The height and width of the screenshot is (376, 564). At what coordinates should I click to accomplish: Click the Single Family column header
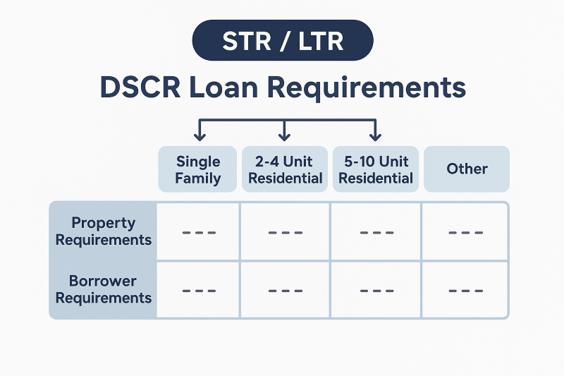(198, 169)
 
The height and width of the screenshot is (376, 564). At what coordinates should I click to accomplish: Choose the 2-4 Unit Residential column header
(285, 169)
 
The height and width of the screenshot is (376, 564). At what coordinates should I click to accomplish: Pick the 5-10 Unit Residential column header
(375, 169)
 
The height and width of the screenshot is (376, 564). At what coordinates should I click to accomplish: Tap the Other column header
(467, 169)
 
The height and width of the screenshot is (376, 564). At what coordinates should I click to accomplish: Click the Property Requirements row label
(104, 231)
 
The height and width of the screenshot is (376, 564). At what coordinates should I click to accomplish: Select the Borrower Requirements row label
(104, 289)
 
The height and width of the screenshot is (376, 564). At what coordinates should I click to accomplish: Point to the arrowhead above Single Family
(200, 135)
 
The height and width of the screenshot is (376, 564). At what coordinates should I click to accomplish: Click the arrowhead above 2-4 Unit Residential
(285, 135)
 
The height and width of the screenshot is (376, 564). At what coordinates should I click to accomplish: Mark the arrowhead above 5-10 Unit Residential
(375, 135)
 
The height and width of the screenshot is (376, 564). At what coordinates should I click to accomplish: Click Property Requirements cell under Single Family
(198, 231)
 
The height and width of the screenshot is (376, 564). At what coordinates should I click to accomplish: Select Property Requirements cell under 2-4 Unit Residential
(285, 231)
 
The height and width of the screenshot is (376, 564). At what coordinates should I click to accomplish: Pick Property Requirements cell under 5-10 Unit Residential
(376, 231)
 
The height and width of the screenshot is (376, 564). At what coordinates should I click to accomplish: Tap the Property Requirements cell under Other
(465, 231)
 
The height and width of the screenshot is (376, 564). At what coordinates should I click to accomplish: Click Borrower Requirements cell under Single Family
(198, 289)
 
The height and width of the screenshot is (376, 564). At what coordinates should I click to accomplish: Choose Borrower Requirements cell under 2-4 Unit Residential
(285, 289)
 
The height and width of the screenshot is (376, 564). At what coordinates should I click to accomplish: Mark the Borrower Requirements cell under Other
(465, 289)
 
